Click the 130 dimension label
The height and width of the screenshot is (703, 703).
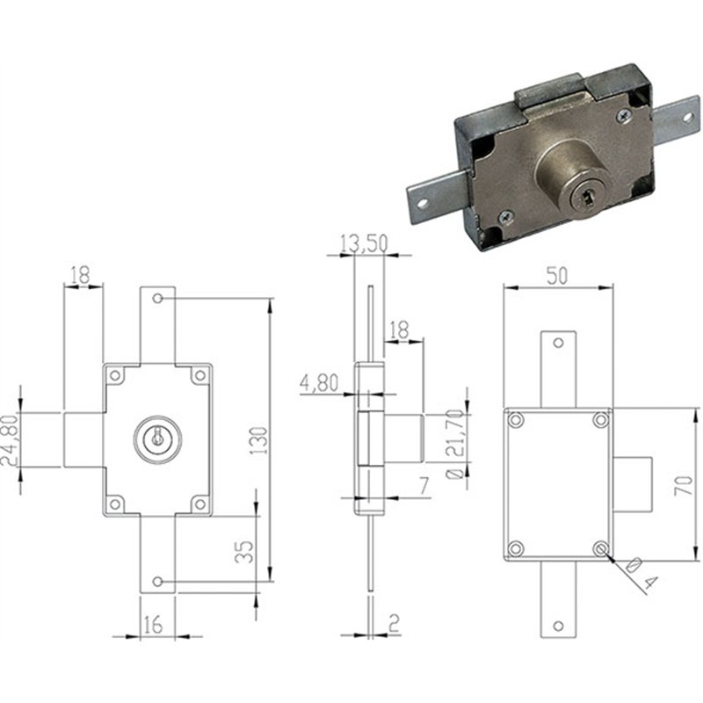point(258,441)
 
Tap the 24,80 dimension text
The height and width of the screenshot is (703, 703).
point(10,439)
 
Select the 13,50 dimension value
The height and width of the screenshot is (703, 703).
point(364,243)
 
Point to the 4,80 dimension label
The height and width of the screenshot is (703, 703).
point(319,383)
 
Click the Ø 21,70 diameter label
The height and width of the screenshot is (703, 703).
point(456,444)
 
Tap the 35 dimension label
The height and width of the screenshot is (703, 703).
point(244,552)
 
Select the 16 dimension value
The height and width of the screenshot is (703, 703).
point(153,624)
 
